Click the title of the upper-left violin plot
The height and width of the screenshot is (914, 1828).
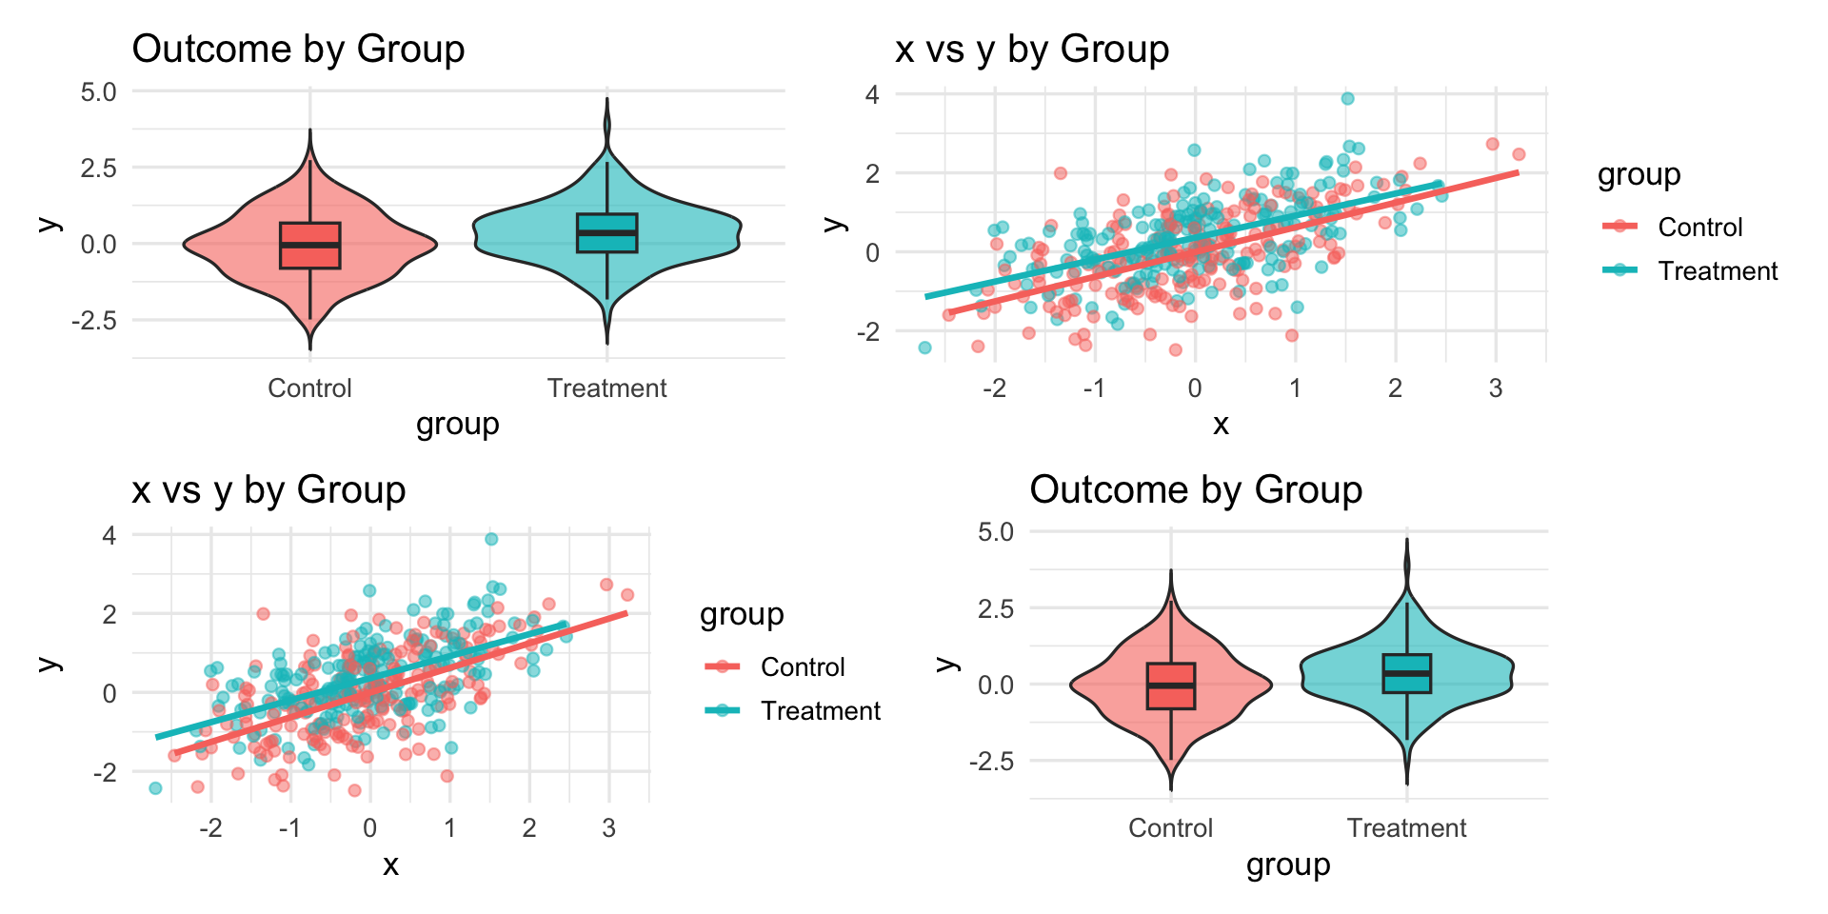[x=298, y=49]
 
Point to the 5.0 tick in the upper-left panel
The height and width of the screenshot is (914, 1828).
[x=98, y=91]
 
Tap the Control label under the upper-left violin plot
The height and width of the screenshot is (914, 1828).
[x=309, y=388]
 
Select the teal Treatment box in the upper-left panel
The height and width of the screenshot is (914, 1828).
[x=607, y=233]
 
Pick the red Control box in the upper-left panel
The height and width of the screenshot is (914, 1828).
[x=309, y=246]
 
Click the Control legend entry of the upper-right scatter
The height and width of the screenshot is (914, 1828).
[x=1699, y=228]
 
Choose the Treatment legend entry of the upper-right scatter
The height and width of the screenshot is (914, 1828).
[x=1717, y=271]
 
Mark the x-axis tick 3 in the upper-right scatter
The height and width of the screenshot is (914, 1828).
[x=1496, y=388]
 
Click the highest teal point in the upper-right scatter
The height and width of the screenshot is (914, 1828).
[x=1347, y=98]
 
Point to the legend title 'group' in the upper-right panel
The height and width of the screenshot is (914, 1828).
[x=1639, y=175]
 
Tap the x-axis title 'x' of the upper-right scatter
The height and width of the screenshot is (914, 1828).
[x=1221, y=425]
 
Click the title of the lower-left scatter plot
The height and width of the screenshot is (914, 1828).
[x=268, y=489]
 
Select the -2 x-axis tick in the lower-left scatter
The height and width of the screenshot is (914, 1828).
[x=210, y=828]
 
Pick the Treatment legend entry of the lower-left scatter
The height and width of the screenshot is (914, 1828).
[x=820, y=711]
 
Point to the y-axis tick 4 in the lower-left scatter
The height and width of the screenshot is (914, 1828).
[x=109, y=535]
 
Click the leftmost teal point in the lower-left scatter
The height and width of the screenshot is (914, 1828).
[x=155, y=787]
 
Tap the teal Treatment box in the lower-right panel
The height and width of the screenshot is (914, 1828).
[x=1407, y=673]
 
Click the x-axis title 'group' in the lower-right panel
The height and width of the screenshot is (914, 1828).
[x=1287, y=864]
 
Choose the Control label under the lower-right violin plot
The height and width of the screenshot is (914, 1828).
[x=1170, y=828]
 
